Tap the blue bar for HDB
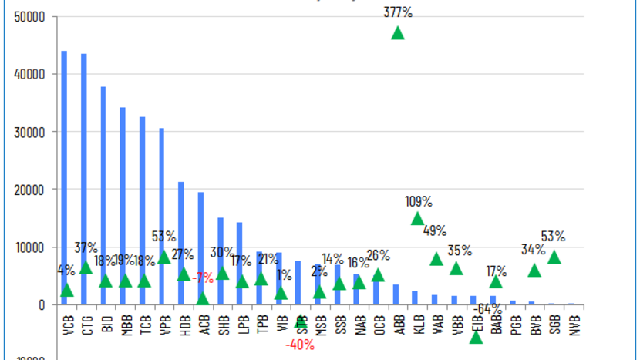[181, 231]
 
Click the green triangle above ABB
[398, 33]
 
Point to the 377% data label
[398, 12]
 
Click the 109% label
[419, 201]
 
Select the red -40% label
[300, 345]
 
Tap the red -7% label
[203, 278]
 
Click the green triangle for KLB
[417, 219]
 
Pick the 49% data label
[434, 230]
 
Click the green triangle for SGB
[554, 257]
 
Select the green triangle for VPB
[163, 257]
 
